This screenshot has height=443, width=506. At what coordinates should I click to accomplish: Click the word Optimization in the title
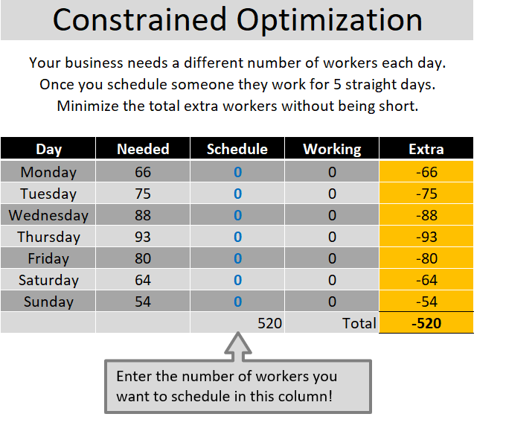point(330,20)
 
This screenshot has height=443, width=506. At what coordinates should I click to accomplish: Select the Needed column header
point(143,149)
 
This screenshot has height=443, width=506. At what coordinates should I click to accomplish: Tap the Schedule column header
point(237,149)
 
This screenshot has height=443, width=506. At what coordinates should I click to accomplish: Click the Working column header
point(332,149)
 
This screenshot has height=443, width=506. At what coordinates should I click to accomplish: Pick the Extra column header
point(426,149)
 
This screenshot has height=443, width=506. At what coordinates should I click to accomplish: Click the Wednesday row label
point(48,215)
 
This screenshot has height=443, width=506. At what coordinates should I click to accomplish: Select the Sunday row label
point(48,302)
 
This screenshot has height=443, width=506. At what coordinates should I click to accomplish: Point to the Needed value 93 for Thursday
point(143,237)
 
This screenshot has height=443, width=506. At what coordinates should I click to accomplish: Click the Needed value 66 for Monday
point(143,172)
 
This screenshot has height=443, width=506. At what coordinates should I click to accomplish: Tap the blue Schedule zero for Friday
point(238,258)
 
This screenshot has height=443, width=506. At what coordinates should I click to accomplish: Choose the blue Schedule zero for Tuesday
point(238,194)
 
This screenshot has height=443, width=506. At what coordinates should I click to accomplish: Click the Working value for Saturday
point(332,280)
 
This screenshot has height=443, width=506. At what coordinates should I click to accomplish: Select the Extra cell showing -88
point(426,215)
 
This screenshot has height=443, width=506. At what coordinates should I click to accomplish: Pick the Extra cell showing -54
point(426,302)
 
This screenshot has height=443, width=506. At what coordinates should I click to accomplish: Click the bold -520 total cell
point(426,324)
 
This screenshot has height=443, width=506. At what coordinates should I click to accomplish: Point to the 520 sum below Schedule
point(269,324)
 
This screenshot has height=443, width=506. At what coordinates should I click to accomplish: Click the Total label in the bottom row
point(359,324)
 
